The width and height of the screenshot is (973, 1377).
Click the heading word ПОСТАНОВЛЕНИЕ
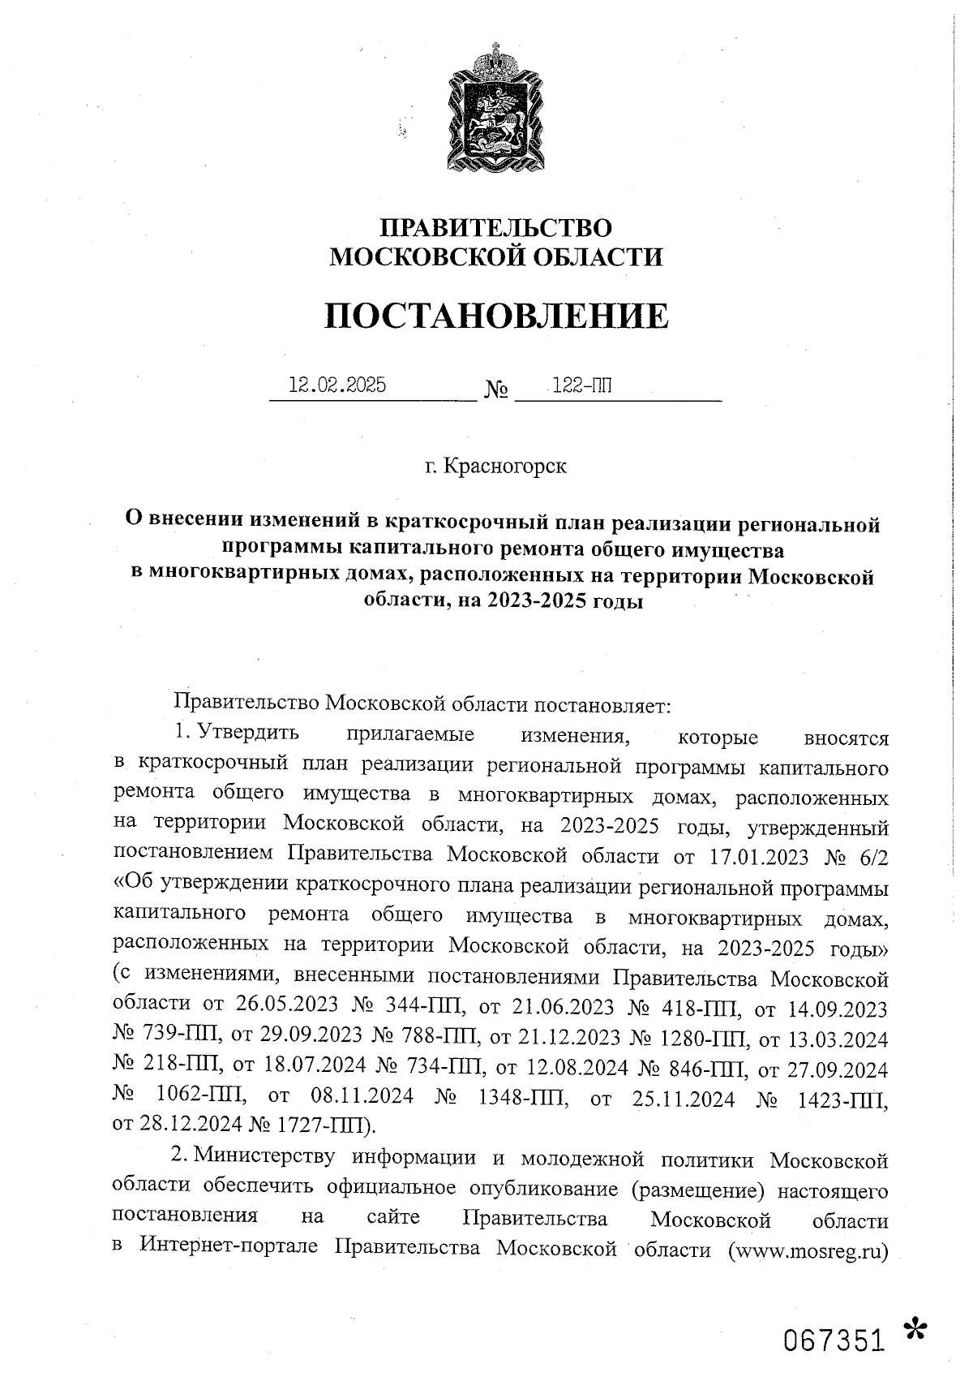[497, 316]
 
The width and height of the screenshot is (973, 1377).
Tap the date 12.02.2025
[337, 385]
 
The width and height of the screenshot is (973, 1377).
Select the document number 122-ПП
[581, 386]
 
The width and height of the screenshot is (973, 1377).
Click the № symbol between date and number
[496, 392]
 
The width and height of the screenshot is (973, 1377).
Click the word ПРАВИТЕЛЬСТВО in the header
[496, 227]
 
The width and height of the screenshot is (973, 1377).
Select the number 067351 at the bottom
[833, 1341]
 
